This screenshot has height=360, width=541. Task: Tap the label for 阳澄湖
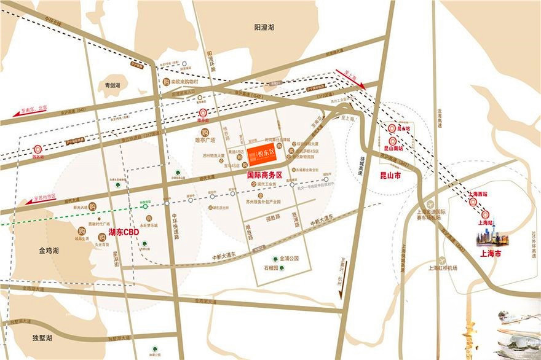coord(264,28)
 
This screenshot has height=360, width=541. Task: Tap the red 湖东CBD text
coord(124,233)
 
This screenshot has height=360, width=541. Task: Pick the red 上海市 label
coord(490,252)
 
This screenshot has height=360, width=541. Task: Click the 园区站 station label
coord(38,157)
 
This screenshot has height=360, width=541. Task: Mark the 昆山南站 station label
coord(393,148)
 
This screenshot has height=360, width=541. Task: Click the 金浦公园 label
coord(288,259)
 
